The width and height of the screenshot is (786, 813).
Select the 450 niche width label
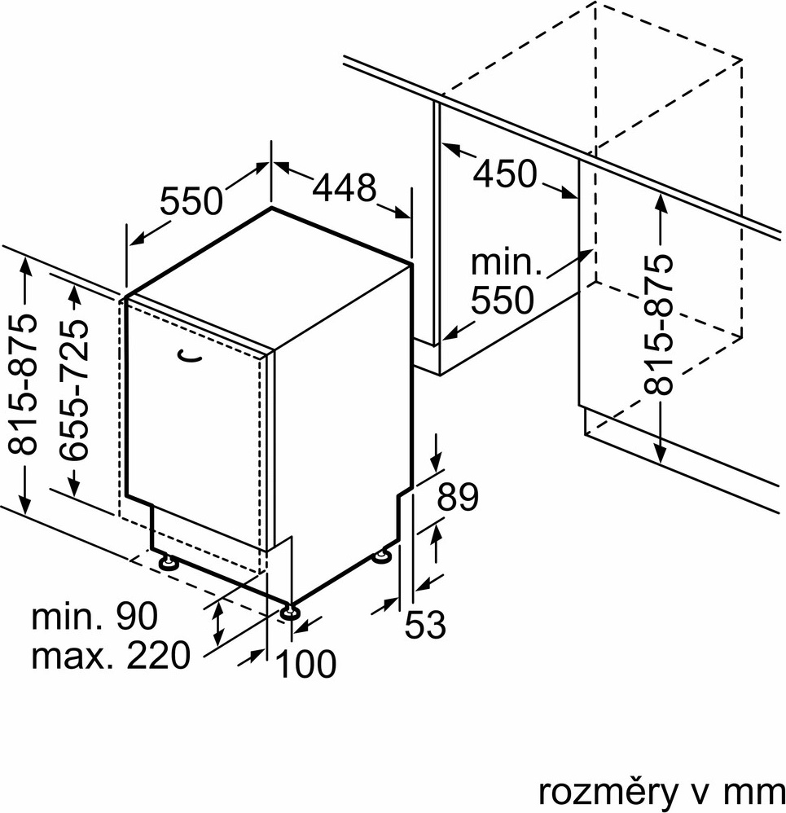(x=505, y=174)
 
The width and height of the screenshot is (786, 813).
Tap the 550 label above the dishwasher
(x=191, y=200)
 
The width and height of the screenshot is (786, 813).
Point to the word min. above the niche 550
(x=507, y=263)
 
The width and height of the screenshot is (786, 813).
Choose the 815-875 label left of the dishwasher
(x=26, y=384)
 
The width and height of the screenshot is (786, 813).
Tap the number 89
(x=457, y=498)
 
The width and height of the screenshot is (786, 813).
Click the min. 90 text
(x=94, y=617)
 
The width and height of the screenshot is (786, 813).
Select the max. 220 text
(x=110, y=654)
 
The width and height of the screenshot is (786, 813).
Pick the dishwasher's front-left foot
(x=169, y=562)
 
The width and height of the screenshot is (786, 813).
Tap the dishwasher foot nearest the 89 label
(x=381, y=556)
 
